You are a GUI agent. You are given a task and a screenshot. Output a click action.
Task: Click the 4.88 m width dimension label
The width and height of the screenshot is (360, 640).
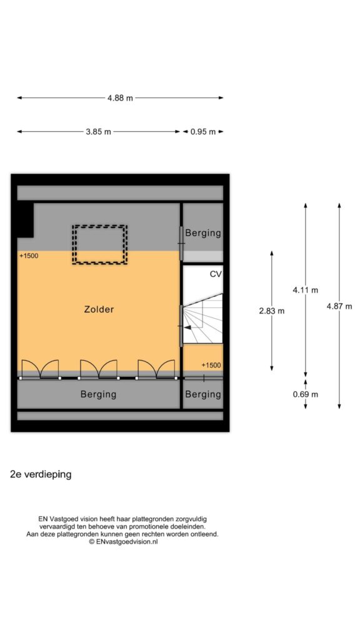[120, 98]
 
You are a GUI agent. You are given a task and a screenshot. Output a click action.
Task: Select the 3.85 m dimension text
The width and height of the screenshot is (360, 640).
[98, 132]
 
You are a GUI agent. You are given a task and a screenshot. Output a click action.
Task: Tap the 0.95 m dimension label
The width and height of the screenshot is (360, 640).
[203, 132]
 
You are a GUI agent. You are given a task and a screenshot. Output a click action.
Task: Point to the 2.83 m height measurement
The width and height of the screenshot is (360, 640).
[272, 311]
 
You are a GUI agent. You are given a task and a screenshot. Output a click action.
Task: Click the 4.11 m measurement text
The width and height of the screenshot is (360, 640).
[305, 290]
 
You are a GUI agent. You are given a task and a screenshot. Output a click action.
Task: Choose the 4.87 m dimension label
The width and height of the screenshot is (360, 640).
[339, 306]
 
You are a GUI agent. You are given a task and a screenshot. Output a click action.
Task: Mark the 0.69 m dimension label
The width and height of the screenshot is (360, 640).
[305, 394]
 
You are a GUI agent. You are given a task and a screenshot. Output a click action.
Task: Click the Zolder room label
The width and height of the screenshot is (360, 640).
[99, 309]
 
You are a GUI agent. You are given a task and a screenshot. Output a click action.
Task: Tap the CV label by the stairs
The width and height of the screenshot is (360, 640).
[216, 274]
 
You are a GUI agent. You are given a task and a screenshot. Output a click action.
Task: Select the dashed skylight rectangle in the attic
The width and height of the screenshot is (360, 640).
[99, 226]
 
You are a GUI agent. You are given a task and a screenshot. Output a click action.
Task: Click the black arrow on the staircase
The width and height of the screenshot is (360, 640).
[187, 326]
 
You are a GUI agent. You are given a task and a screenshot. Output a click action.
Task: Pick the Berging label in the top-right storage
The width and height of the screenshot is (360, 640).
[203, 234]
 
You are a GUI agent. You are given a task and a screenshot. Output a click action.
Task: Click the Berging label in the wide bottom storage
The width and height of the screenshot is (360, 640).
[98, 395]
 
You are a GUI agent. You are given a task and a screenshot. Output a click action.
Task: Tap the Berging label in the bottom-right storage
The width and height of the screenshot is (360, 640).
[203, 395]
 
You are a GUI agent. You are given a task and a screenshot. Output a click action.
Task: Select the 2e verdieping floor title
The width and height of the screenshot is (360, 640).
[41, 475]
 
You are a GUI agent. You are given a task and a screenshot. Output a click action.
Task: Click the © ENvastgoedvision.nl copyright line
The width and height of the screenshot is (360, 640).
[123, 542]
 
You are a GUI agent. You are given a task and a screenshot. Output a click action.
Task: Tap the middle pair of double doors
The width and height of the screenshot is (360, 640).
[98, 369]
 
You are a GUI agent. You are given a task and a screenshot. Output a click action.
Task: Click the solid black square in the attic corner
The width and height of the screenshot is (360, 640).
[25, 220]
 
